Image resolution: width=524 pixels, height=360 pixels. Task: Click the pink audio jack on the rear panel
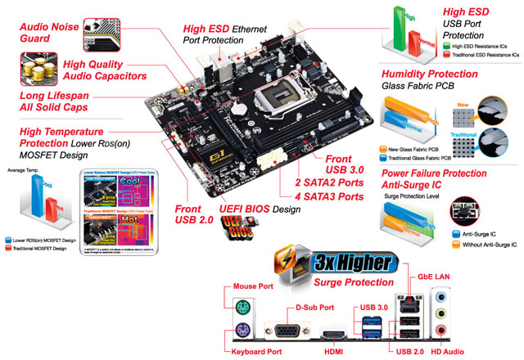tap(440, 331)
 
